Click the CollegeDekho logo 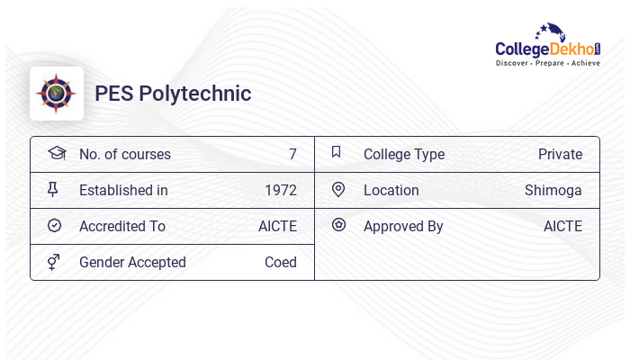[548, 45]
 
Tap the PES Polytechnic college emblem [57, 94]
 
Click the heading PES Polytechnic [173, 94]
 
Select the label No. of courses [125, 154]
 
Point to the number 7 [292, 154]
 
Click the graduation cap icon [56, 153]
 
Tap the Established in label [123, 190]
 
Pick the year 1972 [281, 190]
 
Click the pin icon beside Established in [53, 190]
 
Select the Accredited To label [122, 226]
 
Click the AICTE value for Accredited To [277, 226]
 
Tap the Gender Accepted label [132, 262]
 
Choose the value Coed [281, 262]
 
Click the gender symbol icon [53, 262]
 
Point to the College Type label [404, 154]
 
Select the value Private [560, 154]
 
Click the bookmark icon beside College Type [337, 152]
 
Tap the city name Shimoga [553, 190]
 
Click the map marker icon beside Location [338, 189]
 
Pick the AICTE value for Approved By [562, 226]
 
